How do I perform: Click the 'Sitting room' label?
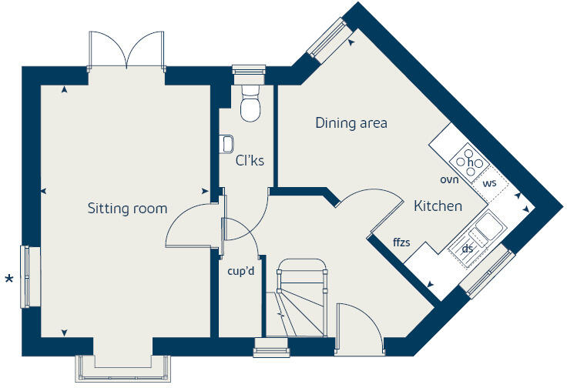click(127, 209)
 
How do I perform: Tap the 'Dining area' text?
click(351, 122)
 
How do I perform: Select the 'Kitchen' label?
click(438, 206)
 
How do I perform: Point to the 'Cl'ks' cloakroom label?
click(250, 160)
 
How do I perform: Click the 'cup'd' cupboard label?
click(241, 270)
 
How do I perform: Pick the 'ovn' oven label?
click(449, 179)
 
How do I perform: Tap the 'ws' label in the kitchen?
click(489, 184)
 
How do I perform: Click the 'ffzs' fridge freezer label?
click(401, 242)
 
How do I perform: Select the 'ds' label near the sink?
click(467, 249)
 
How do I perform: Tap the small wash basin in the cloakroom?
click(226, 143)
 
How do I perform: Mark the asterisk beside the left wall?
click(9, 279)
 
